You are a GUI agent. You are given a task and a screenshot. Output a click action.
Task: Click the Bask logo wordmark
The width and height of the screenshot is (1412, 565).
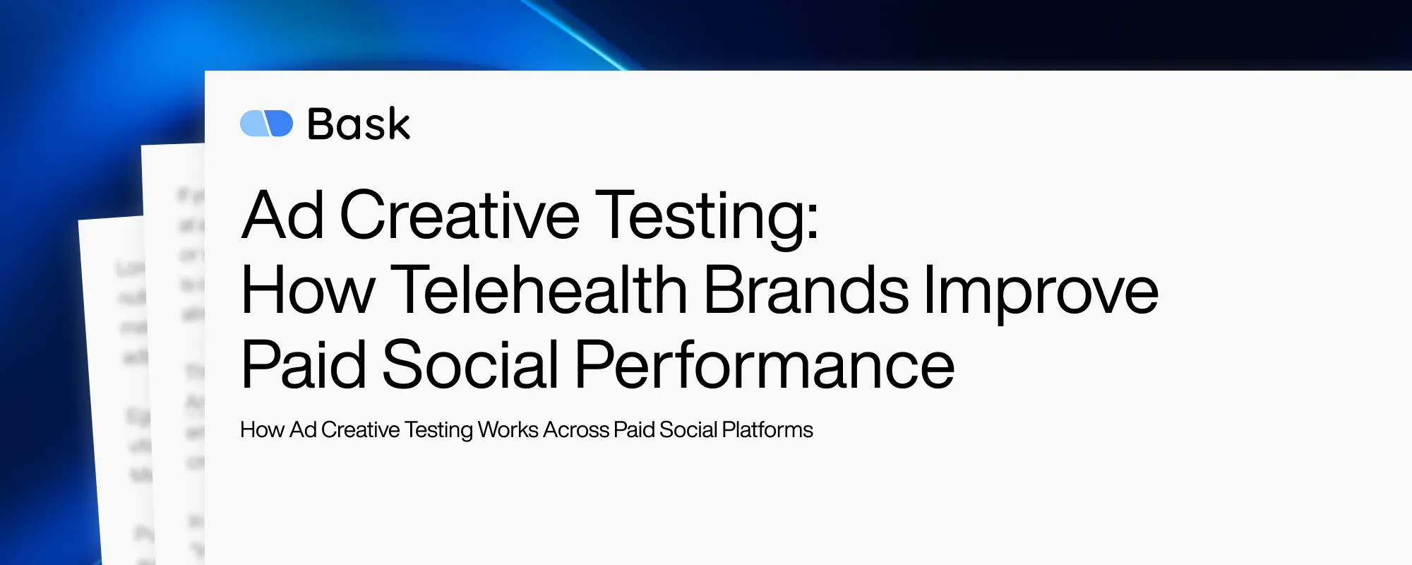coord(359,124)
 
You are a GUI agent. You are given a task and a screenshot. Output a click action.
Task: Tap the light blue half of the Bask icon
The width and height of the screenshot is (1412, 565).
coord(253,124)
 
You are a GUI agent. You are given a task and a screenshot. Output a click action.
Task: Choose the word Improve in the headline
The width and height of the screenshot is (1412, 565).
coord(1041,291)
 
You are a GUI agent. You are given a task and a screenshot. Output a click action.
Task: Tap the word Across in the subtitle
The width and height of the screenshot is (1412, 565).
coord(576,429)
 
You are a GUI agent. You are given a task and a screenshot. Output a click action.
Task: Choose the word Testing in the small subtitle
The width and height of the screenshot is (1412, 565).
coord(438,430)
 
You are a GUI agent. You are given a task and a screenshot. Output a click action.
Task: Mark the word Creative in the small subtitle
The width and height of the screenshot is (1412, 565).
coord(360,429)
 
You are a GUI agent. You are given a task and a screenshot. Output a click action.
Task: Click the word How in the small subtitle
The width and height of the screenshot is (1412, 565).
coord(262,429)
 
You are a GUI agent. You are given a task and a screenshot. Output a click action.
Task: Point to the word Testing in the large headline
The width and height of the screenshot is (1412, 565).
coord(699,216)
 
